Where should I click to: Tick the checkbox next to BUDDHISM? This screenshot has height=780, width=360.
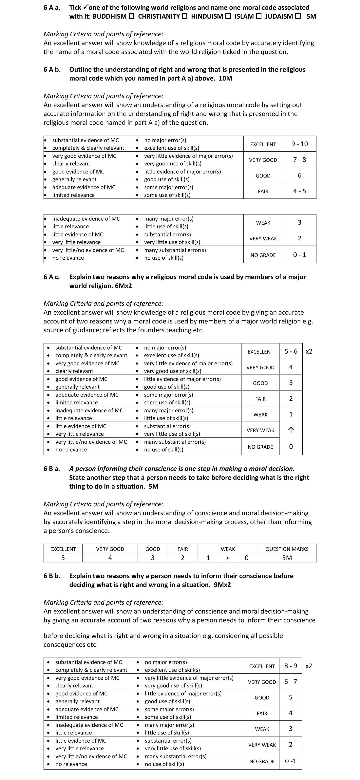(x=131, y=16)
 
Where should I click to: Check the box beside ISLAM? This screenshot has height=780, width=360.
(x=258, y=16)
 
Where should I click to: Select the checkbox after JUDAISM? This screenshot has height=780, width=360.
(x=298, y=16)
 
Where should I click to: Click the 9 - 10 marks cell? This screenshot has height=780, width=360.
(x=299, y=144)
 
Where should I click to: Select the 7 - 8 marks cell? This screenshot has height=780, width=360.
(x=299, y=159)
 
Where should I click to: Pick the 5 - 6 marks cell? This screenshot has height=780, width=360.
(x=291, y=351)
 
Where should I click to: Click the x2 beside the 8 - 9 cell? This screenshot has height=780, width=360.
(x=309, y=666)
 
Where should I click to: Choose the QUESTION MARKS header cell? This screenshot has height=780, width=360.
(x=287, y=549)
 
